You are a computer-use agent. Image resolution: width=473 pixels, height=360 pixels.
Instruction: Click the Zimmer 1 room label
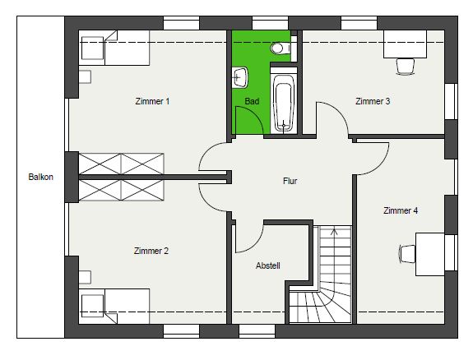tap(152, 101)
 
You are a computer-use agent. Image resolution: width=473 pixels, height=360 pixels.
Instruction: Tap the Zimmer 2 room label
tap(151, 251)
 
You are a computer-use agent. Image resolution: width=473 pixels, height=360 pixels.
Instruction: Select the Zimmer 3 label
tap(373, 101)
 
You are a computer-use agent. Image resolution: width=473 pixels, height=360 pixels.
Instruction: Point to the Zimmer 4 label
tap(401, 210)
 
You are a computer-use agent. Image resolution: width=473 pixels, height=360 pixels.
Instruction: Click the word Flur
tap(290, 181)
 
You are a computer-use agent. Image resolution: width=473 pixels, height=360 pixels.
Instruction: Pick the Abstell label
tap(268, 265)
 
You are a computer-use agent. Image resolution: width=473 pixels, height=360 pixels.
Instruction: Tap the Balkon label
tap(41, 177)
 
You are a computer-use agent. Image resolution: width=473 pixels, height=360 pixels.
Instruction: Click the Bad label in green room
tap(252, 101)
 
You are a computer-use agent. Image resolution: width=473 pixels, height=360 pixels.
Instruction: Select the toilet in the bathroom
tap(281, 48)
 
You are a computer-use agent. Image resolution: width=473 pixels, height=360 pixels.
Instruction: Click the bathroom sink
tap(240, 78)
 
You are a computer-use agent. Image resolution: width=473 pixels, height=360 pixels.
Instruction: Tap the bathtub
tap(284, 100)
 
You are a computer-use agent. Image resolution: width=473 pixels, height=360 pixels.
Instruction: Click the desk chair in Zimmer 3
tap(405, 67)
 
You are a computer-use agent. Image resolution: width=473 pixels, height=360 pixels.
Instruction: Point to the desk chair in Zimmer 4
tap(407, 254)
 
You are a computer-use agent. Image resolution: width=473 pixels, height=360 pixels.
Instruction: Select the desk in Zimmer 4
tap(430, 254)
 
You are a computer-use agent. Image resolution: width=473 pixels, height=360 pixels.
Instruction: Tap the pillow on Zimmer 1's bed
tap(93, 48)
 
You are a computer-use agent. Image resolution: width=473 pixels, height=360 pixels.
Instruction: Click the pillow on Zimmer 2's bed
tap(93, 306)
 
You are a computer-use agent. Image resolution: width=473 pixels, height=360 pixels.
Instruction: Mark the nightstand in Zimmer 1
tap(85, 77)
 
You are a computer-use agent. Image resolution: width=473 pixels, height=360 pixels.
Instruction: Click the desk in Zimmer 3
tap(405, 44)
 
